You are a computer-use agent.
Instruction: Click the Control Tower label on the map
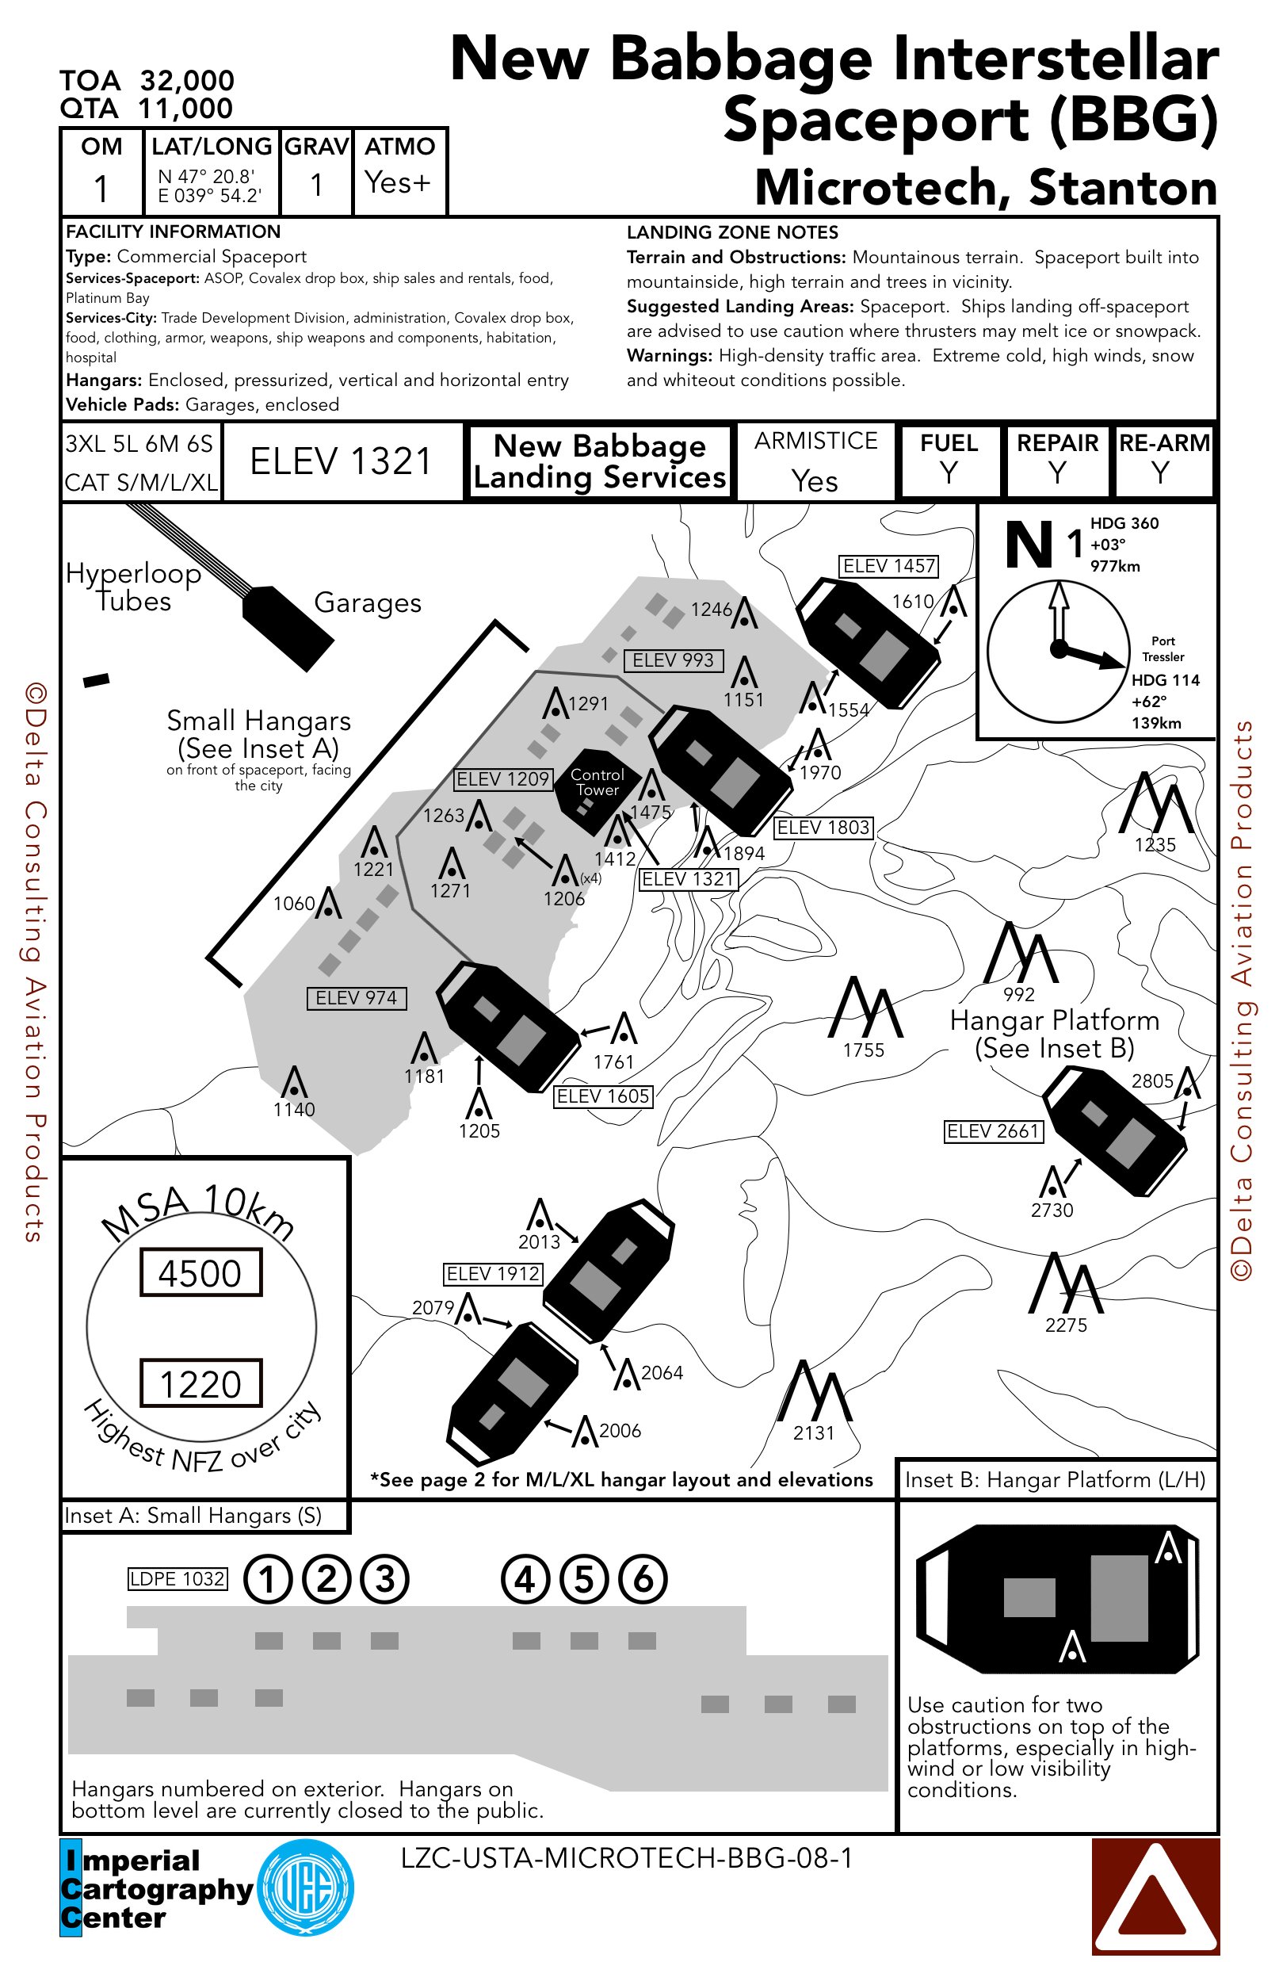coord(597,782)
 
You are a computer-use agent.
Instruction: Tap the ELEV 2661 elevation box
coord(993,1131)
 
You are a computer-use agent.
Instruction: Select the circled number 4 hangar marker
coord(525,1579)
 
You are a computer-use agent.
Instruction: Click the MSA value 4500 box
coord(201,1273)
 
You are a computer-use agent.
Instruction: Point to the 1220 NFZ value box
coord(201,1383)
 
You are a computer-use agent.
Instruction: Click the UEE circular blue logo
coord(305,1887)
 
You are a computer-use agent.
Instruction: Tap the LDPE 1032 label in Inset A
coord(178,1578)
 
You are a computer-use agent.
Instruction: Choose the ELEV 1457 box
coord(889,566)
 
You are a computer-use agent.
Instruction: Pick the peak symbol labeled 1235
coord(1155,804)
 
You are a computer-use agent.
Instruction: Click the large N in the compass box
coord(1029,545)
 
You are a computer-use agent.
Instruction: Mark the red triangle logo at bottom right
coord(1155,1897)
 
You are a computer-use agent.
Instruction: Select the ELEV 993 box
coord(674,660)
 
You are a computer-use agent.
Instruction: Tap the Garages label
coord(368,603)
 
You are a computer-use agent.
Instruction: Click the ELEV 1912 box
coord(493,1274)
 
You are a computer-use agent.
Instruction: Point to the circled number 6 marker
coord(642,1579)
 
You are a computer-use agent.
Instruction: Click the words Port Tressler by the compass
coord(1163,648)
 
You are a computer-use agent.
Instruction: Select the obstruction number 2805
coord(1152,1080)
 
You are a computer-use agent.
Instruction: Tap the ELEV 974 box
coord(356,998)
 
